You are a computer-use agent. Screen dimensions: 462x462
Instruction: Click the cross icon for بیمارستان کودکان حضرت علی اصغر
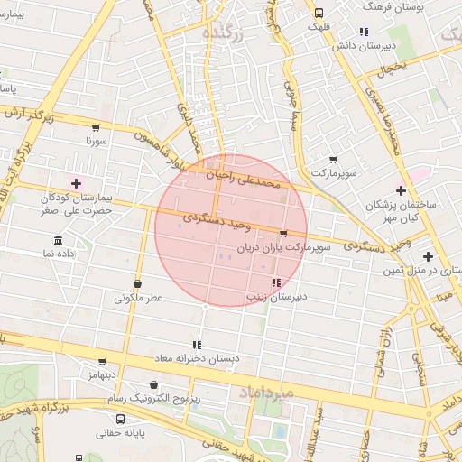pos(76,183)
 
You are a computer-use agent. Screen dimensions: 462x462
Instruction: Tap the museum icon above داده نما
pos(59,240)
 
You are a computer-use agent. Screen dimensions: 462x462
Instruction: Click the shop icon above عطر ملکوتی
pos(137,284)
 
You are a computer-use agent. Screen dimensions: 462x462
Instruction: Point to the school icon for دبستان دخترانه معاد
pos(196,345)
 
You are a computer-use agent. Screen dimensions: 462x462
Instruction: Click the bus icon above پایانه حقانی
pos(121,419)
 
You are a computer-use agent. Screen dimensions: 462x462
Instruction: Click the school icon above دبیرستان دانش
pos(363,32)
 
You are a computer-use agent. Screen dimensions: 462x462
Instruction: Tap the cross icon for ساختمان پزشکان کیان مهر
pos(401,191)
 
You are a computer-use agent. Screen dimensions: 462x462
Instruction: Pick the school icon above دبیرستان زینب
pos(275,283)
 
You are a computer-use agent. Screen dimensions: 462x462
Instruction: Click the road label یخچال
pos(393,69)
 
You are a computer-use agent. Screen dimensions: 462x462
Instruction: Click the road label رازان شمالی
pos(380,343)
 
